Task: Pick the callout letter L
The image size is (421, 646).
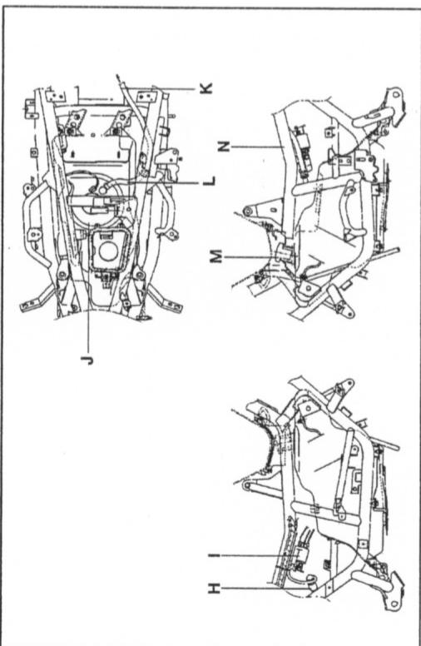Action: click(208, 179)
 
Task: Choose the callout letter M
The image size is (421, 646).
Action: click(216, 257)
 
